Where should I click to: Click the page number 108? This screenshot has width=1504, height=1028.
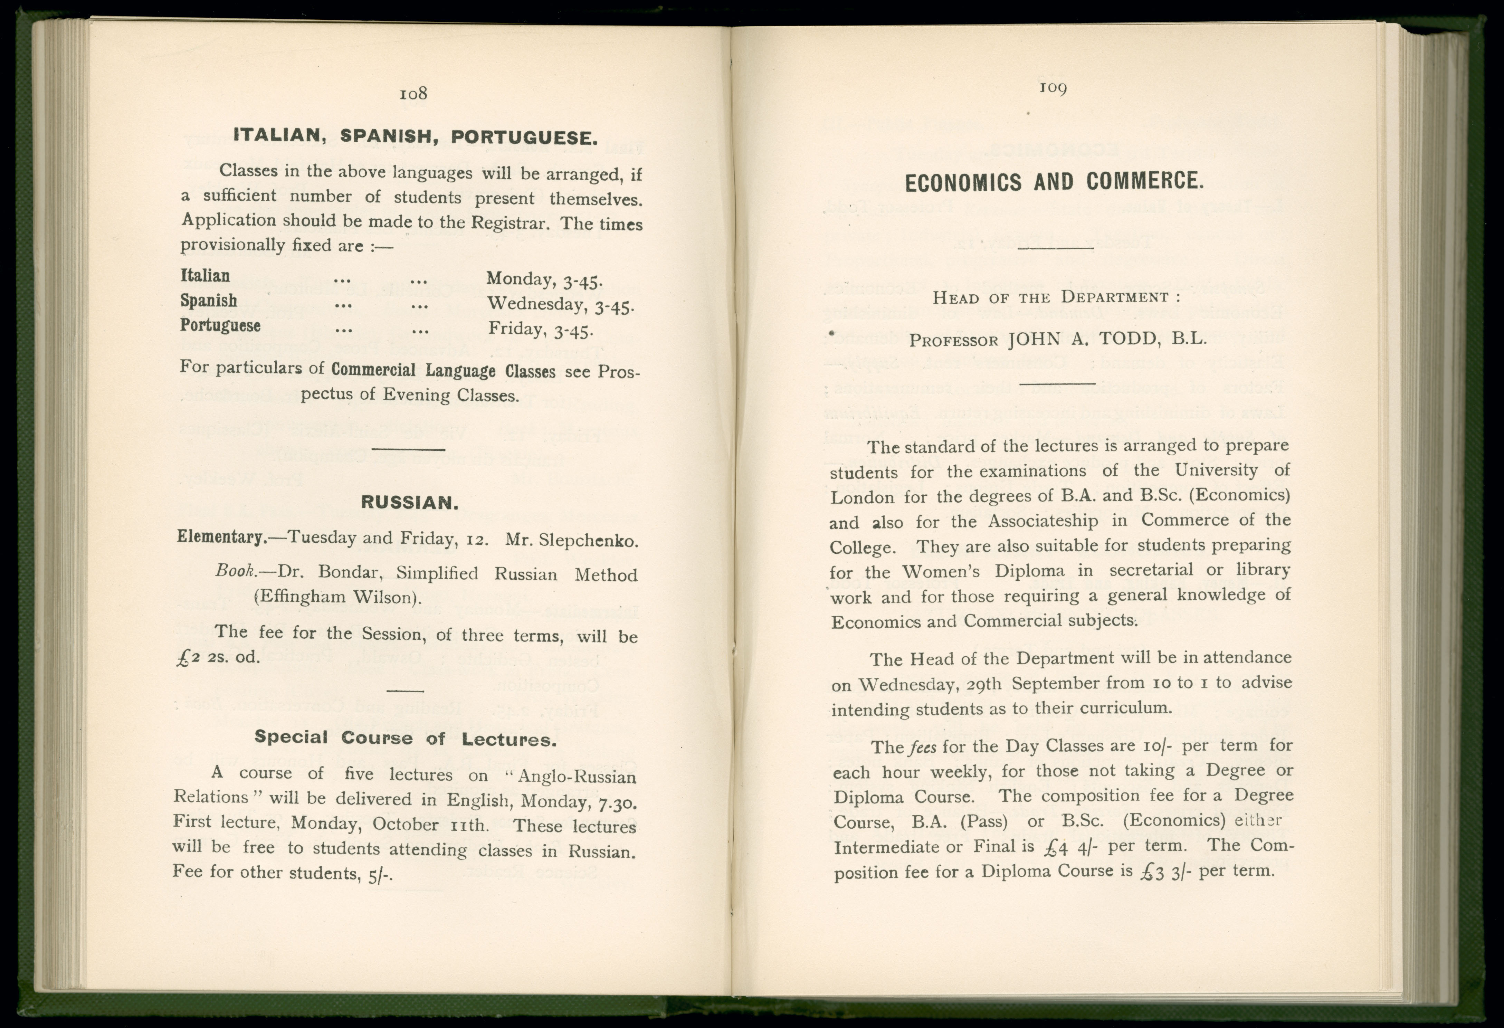point(413,94)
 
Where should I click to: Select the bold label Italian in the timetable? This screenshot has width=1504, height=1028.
point(205,276)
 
